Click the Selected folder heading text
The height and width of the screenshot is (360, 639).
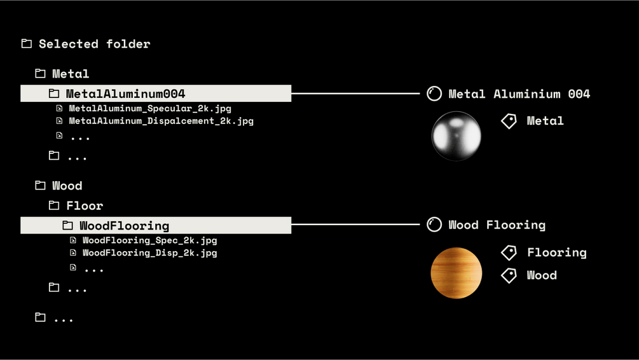pyautogui.click(x=94, y=44)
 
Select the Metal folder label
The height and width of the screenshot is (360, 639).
pyautogui.click(x=71, y=74)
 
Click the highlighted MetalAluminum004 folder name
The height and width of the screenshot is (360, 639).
pyautogui.click(x=125, y=94)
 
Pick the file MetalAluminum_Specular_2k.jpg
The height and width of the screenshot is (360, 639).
pyautogui.click(x=149, y=109)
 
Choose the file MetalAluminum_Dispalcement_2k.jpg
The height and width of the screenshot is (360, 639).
pyautogui.click(x=161, y=121)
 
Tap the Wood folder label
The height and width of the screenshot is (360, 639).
pyautogui.click(x=67, y=186)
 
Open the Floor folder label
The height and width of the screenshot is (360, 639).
pyautogui.click(x=85, y=205)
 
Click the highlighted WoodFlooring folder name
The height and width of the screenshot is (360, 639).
pyautogui.click(x=124, y=226)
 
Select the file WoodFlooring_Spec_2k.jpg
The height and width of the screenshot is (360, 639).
pyautogui.click(x=149, y=240)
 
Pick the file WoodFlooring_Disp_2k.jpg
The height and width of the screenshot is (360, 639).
pyautogui.click(x=149, y=253)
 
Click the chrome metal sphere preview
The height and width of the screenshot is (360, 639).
pyautogui.click(x=456, y=135)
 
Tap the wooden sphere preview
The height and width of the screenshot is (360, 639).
pyautogui.click(x=456, y=273)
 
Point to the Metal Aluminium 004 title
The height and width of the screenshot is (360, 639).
pyautogui.click(x=519, y=94)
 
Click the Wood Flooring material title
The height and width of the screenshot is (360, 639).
pyautogui.click(x=497, y=225)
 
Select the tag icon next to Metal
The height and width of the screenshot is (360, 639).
pyautogui.click(x=509, y=121)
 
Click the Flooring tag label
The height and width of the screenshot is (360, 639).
pyautogui.click(x=556, y=253)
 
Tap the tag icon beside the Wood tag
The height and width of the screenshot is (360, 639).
pyautogui.click(x=509, y=275)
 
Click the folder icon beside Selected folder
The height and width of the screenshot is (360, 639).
pyautogui.click(x=27, y=44)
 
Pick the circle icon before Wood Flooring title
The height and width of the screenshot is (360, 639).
pyautogui.click(x=434, y=225)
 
